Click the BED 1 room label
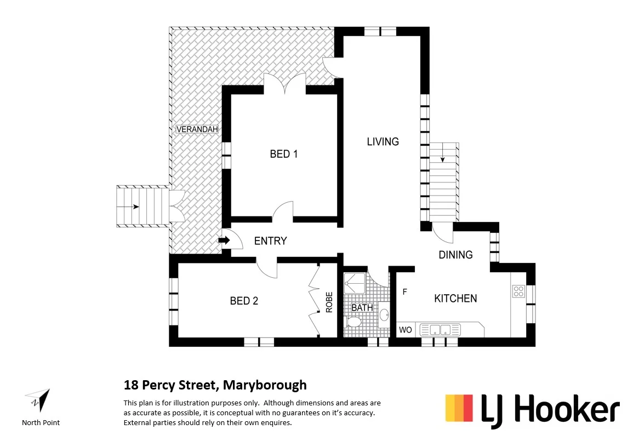(x=284, y=154)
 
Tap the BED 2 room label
(x=244, y=301)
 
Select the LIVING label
(x=383, y=141)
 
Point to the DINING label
(x=455, y=255)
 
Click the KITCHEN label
(x=455, y=299)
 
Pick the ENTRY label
(x=270, y=241)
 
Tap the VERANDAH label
(x=197, y=129)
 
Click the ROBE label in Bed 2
(x=329, y=302)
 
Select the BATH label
(x=362, y=308)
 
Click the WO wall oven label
(x=406, y=330)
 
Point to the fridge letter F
(x=405, y=292)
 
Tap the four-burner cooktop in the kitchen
(x=518, y=291)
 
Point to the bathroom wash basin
(x=384, y=315)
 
